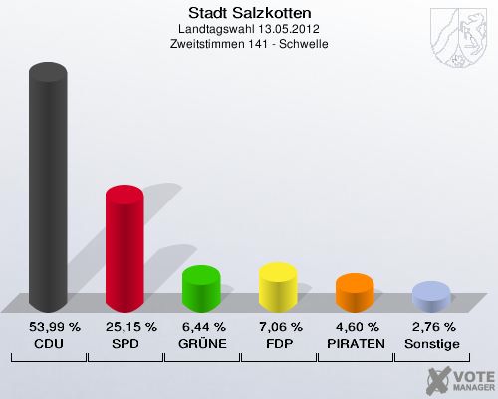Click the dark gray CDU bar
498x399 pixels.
coord(48,190)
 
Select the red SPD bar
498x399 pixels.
coord(124,249)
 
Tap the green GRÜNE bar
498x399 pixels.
coord(200,289)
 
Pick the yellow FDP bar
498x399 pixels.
coord(278,287)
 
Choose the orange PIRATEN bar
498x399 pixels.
coord(355,293)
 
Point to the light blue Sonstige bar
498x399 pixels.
coord(430,297)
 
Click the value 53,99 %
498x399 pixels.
coord(48,327)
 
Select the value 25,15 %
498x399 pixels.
coord(124,327)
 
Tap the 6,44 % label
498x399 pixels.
coord(201,327)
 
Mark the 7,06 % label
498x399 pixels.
coord(278,327)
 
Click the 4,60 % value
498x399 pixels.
coord(355,327)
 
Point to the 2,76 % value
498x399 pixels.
coord(431,327)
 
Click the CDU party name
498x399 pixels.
coord(48,343)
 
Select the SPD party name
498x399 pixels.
coord(124,343)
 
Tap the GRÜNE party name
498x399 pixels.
coord(201,343)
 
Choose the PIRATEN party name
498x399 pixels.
coord(355,343)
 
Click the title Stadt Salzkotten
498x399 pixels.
coord(249,13)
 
